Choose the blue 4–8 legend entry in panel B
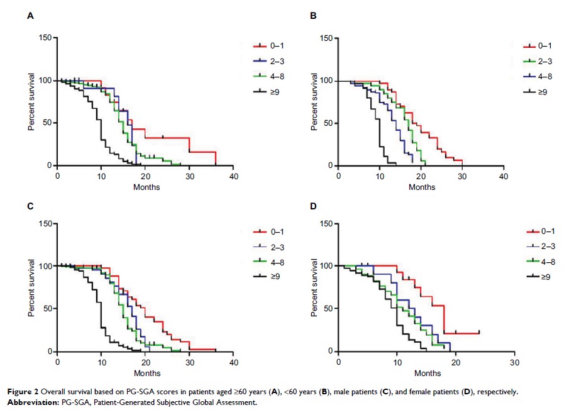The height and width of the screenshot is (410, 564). [548, 76]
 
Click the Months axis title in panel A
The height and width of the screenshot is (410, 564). [146, 187]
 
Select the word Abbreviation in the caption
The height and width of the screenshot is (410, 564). [52, 402]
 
